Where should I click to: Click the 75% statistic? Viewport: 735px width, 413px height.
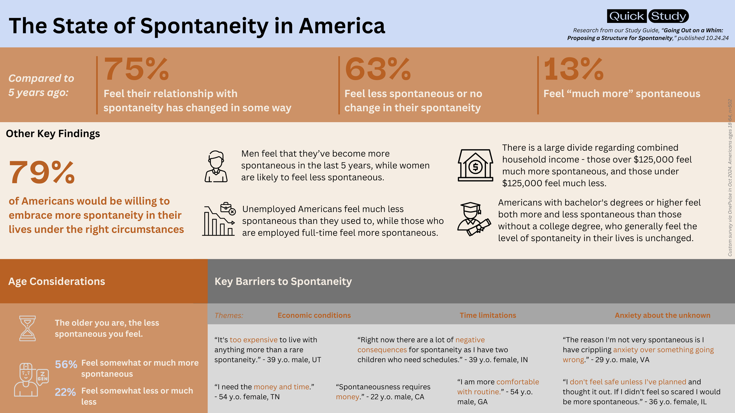click(136, 69)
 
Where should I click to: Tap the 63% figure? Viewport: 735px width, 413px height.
click(378, 69)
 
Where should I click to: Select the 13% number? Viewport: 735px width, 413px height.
click(574, 69)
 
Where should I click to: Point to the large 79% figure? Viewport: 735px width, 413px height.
click(42, 173)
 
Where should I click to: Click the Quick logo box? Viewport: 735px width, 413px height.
click(627, 16)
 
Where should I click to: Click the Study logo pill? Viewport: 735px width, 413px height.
click(668, 16)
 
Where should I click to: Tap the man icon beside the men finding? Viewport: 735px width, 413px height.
click(216, 167)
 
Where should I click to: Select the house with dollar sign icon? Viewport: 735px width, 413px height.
click(475, 165)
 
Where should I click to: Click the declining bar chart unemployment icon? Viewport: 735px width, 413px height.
click(219, 219)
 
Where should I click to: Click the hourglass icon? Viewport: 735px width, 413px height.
click(27, 328)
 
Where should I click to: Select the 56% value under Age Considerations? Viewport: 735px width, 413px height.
click(66, 365)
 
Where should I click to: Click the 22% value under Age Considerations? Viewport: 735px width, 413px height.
click(65, 392)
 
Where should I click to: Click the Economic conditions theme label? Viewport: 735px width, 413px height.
click(314, 315)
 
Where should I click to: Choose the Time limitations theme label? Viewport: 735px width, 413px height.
click(488, 315)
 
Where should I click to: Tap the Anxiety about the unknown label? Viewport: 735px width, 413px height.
click(662, 315)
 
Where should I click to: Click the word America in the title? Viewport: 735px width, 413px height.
click(342, 26)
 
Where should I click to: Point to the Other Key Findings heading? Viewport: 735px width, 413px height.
click(53, 134)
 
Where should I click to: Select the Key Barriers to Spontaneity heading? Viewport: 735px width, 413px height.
click(283, 281)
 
